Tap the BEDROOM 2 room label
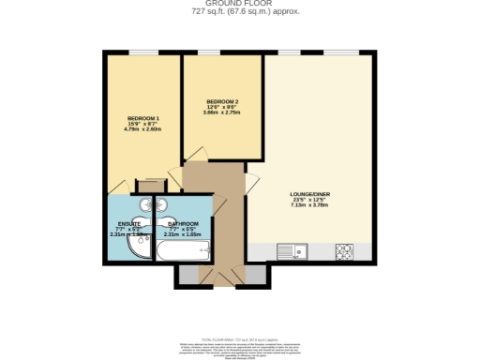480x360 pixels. [x=222, y=100]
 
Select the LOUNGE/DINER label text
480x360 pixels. [x=309, y=194]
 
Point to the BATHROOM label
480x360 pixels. [x=183, y=224]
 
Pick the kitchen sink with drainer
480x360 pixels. [x=290, y=251]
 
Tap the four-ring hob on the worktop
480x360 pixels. [x=342, y=251]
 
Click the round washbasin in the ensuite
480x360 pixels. [x=146, y=203]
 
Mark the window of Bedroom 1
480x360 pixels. [x=142, y=52]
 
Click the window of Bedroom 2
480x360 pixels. [x=222, y=52]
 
